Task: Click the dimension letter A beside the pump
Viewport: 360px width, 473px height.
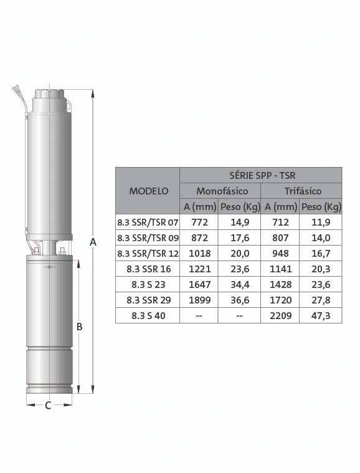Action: [93, 242]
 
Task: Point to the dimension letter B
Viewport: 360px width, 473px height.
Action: [79, 327]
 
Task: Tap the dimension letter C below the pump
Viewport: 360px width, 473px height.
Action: [48, 406]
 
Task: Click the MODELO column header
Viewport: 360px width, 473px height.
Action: [149, 191]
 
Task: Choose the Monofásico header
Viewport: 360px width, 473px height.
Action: [222, 191]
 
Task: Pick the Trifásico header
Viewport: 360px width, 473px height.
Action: [303, 191]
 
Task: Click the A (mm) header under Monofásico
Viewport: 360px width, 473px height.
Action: [200, 207]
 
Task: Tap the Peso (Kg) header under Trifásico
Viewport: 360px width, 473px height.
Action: [321, 207]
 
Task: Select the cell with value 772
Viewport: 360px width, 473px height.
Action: [199, 222]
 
